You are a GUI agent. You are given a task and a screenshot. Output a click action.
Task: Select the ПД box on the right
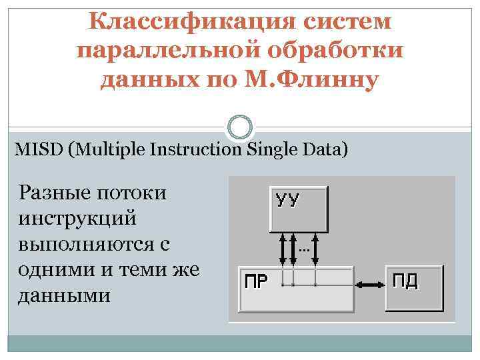pos(414,288)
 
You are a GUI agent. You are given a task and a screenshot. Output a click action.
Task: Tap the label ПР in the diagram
pos(254,281)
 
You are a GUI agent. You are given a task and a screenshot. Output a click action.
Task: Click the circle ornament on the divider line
pos(240,127)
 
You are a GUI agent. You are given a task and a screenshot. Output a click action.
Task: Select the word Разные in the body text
pos(56,193)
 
